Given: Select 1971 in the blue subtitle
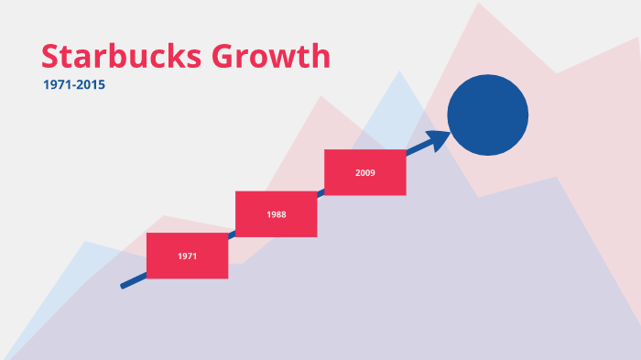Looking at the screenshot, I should point(57,85).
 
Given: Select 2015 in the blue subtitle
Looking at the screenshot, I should point(92,85).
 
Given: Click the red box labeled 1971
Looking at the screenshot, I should point(187,256).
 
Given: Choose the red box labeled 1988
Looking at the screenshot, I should point(277,213).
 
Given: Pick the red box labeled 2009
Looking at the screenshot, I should point(365,171).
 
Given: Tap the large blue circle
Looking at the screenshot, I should point(487,115).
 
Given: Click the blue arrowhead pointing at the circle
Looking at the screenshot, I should point(440,138).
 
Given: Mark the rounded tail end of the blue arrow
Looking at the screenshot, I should point(124,286).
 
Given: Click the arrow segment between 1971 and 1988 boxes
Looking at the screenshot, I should point(232,235).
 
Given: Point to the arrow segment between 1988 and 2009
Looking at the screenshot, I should point(320,192).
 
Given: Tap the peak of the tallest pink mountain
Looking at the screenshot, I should point(477,4).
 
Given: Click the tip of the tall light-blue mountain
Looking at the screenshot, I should point(398,71).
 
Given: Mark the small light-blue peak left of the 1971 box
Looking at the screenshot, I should point(84,242).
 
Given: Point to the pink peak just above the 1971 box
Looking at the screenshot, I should point(163,217).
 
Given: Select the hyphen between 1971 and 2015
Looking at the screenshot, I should point(74,85).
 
